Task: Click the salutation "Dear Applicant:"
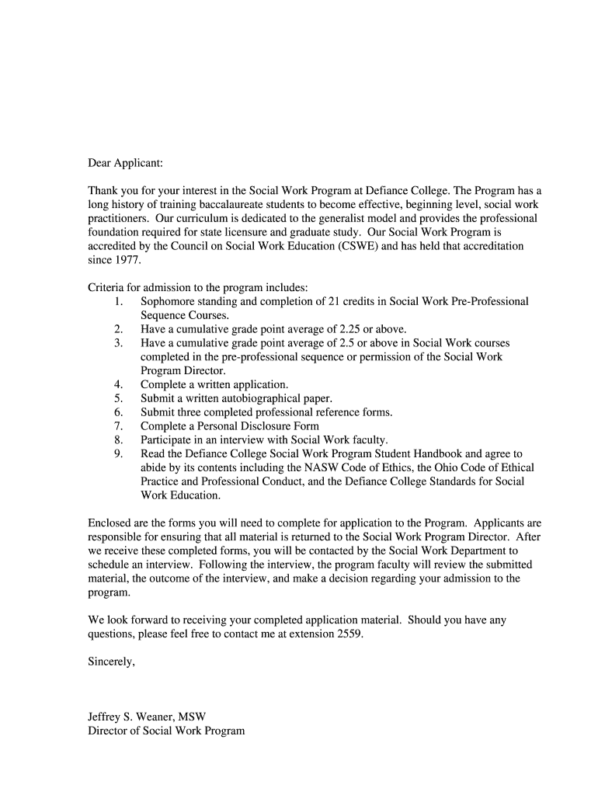[126, 164]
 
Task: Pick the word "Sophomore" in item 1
[167, 301]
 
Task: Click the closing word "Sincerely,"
[112, 661]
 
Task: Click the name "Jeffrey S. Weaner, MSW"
[147, 717]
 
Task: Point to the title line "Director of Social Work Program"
[166, 731]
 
